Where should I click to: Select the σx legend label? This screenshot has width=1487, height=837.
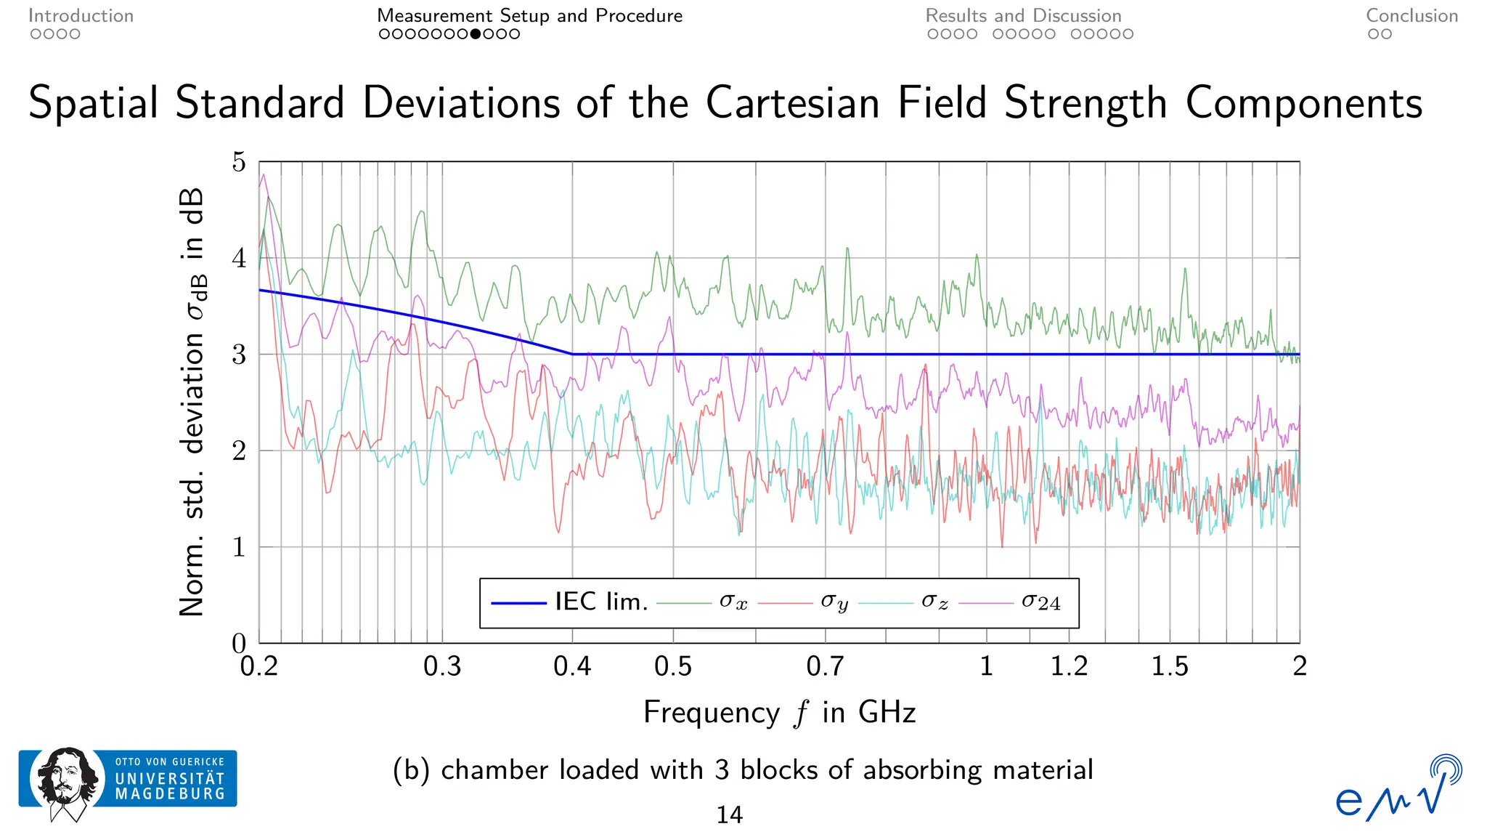pos(733,602)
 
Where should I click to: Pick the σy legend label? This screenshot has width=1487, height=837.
pos(834,602)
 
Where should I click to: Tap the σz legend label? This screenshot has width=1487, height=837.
pos(934,602)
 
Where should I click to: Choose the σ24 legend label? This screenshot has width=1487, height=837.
pos(1040,602)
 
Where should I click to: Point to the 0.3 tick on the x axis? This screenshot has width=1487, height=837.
pos(442,666)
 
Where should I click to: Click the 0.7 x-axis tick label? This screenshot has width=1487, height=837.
pos(825,666)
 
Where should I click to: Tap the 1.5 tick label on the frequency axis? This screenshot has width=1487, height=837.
pos(1170,666)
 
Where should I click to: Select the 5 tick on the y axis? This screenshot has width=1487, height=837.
pos(239,162)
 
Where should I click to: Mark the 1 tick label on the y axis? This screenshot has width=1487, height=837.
pos(239,547)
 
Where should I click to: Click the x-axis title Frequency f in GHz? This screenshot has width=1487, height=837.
pos(779,712)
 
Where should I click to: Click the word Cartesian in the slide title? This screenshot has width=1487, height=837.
pos(792,102)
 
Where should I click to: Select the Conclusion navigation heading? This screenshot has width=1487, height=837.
pos(1411,16)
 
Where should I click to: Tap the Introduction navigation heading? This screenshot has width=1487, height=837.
pos(81,16)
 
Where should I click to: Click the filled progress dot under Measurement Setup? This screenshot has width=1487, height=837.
pos(476,34)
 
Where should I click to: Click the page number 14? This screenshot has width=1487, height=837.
pos(729,815)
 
